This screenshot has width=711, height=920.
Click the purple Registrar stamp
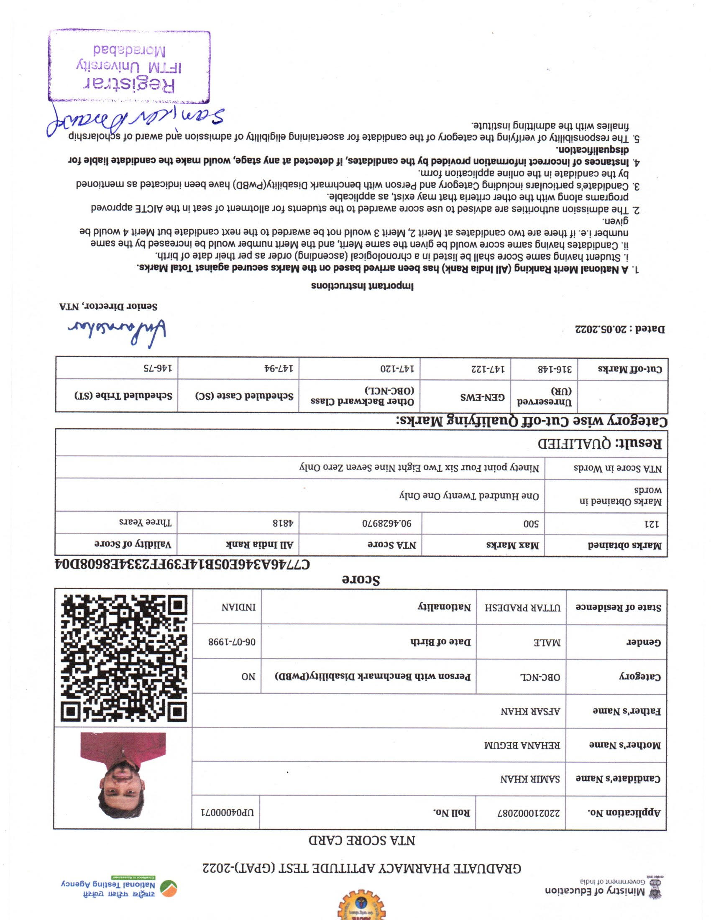129,66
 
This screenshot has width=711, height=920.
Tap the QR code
124,657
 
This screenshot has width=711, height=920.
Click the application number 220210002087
529,813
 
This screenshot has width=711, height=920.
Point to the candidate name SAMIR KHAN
530,779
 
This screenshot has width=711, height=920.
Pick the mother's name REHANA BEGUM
522,745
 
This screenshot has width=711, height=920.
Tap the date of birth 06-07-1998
232,642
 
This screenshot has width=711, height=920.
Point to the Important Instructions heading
362,286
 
